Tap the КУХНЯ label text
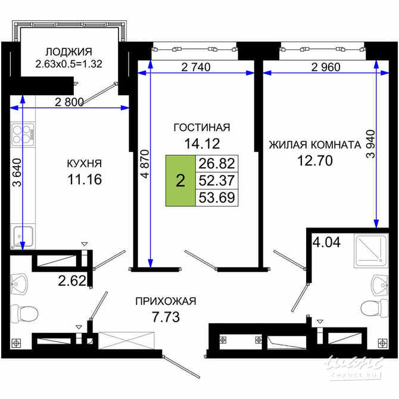(x=83, y=163)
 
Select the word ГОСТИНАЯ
(x=201, y=127)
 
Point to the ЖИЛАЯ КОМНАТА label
(x=314, y=145)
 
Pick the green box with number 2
(x=180, y=180)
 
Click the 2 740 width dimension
(x=194, y=67)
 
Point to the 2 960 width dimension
(x=325, y=67)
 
